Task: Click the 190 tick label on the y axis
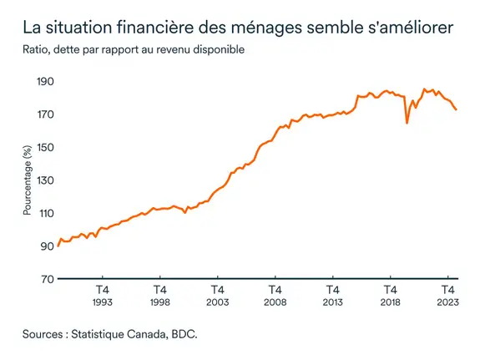[43, 82]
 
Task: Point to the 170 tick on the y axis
[43, 114]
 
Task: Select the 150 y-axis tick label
[43, 148]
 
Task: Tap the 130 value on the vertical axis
[43, 180]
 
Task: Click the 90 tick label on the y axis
[45, 246]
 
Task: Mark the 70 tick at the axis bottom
[45, 279]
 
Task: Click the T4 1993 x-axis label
[103, 295]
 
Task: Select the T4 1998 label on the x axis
[160, 295]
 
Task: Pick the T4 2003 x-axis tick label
[218, 295]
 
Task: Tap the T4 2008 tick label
[275, 295]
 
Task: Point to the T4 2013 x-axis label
[333, 295]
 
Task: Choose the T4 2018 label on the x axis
[391, 295]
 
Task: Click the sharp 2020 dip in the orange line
[407, 123]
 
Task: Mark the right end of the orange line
[456, 109]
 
